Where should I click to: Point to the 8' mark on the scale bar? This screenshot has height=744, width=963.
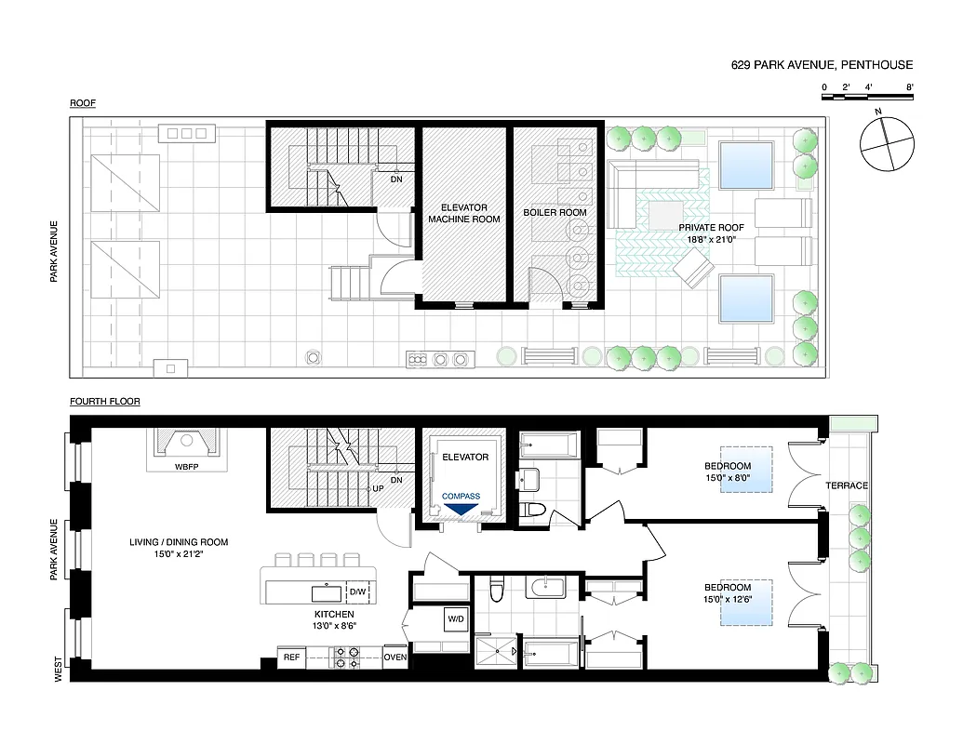911,86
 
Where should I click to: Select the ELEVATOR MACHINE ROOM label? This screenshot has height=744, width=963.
463,213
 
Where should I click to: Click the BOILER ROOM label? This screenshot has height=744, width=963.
555,213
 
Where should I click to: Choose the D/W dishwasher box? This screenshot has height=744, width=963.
357,591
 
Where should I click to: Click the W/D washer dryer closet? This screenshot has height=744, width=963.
456,618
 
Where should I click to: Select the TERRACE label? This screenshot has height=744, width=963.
847,485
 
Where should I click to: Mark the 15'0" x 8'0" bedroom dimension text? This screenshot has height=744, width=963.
727,479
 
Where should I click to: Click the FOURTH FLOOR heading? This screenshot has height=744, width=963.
104,402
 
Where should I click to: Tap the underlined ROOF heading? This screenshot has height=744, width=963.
83,103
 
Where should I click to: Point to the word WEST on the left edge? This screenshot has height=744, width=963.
58,671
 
